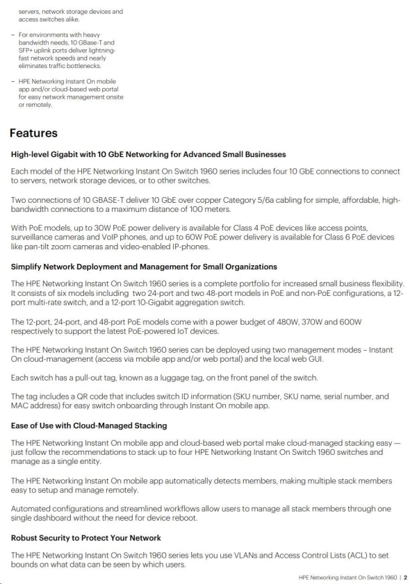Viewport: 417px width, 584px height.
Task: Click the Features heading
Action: coord(33,132)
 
